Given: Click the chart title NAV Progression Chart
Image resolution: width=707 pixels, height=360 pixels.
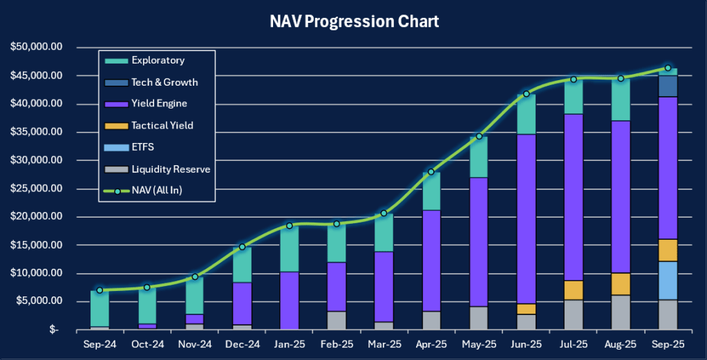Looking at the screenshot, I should (354, 21).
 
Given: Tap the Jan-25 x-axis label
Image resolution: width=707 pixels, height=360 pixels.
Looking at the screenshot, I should (290, 343).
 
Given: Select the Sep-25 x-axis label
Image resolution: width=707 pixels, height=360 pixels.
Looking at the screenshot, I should (668, 343).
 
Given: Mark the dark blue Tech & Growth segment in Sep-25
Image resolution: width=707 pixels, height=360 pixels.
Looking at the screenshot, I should (668, 86).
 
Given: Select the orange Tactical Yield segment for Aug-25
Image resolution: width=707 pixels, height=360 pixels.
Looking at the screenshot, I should (621, 284).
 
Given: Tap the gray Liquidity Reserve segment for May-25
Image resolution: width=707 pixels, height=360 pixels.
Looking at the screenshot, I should (478, 318).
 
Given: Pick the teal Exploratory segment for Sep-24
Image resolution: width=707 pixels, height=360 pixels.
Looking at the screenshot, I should (100, 308).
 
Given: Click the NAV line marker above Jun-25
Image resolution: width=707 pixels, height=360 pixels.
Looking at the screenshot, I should (526, 94).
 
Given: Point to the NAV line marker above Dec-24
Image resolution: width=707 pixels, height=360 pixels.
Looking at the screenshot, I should (243, 247).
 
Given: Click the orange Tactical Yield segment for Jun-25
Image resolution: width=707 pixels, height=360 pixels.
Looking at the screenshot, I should (526, 309).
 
